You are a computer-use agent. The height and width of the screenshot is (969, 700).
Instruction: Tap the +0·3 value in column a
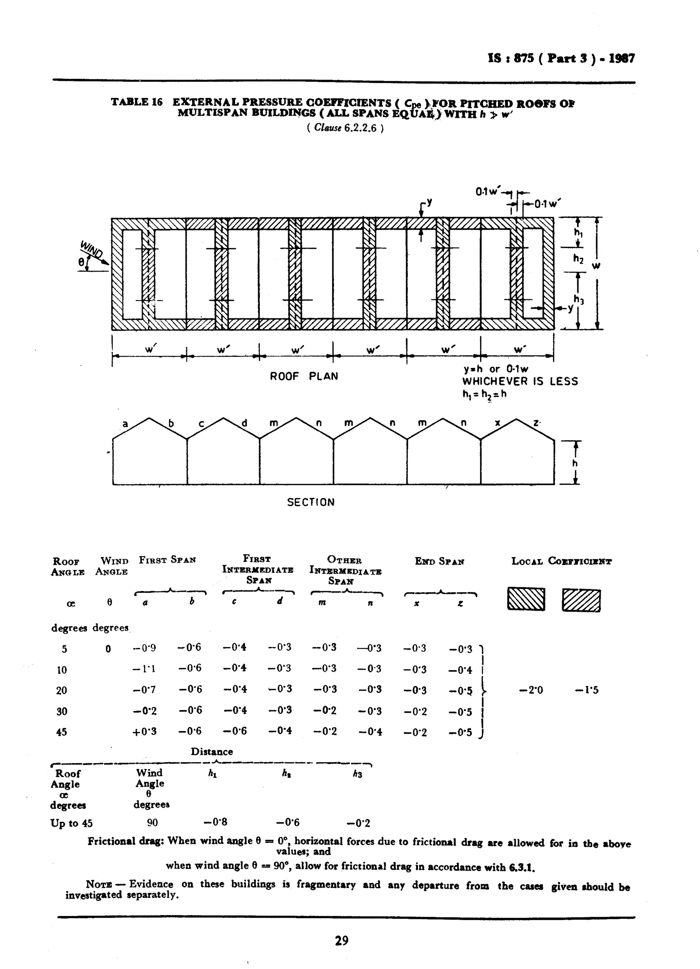144,731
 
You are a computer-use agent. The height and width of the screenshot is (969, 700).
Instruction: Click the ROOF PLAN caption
304,376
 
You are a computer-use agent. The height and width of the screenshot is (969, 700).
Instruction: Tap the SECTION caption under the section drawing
310,502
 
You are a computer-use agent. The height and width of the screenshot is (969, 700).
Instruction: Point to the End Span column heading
440,561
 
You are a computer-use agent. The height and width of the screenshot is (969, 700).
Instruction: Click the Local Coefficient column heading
561,561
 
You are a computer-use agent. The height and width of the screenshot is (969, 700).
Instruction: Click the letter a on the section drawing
125,424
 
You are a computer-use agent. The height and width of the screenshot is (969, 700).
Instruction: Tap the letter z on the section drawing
536,423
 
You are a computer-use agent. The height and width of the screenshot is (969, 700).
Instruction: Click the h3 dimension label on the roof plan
578,300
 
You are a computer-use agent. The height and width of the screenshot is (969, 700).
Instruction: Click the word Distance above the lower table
212,752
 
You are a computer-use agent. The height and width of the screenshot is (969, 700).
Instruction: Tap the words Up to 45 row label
71,823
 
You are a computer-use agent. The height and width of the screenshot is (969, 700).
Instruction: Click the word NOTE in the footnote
99,884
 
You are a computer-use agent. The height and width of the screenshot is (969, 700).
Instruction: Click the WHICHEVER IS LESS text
520,381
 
